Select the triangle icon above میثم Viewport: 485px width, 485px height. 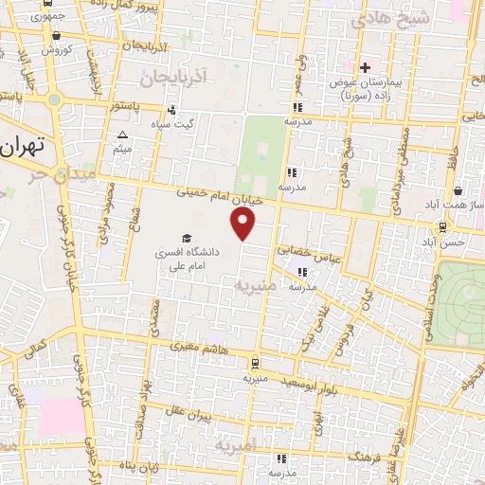(x=121, y=135)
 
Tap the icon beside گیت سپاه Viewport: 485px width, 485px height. (x=171, y=109)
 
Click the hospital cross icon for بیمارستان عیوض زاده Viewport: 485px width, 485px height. (x=365, y=68)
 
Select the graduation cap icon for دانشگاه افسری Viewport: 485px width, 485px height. (x=186, y=238)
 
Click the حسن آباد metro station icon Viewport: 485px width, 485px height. (x=441, y=226)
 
